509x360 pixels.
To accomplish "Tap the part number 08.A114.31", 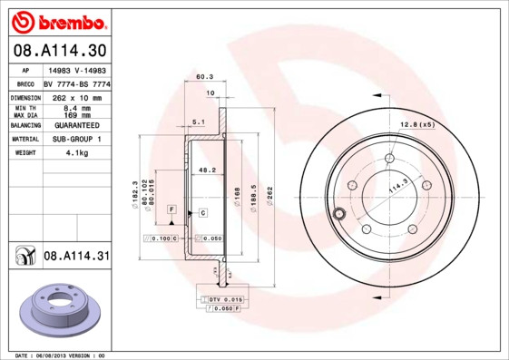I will click(76, 257).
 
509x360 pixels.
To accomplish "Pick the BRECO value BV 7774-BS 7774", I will click(76, 83).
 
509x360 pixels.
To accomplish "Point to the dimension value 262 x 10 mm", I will click(76, 96).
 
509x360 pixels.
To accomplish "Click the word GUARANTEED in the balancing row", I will click(76, 124).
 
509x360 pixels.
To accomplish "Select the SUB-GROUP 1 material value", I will click(76, 139).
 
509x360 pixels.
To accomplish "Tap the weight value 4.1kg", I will click(76, 152).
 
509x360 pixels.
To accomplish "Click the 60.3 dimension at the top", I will click(204, 78).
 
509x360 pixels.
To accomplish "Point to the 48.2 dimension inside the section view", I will click(207, 169).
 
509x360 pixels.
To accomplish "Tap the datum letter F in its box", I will click(170, 209).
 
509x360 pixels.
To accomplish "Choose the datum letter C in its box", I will click(202, 212).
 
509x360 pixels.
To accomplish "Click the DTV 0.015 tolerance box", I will click(225, 298).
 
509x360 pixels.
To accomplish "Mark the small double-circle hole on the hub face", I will click(339, 214).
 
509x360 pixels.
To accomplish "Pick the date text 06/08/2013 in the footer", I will click(61, 355).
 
